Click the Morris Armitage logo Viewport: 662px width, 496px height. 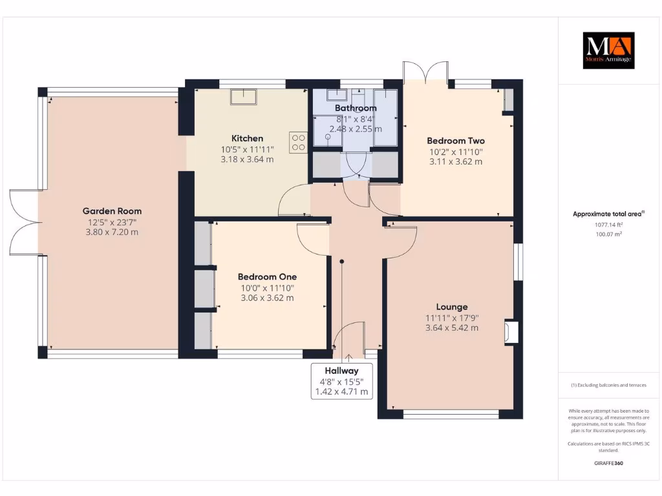(608, 50)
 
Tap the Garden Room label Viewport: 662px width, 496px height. (112, 211)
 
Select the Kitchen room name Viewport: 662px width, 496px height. (248, 138)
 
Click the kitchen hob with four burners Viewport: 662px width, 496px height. (298, 141)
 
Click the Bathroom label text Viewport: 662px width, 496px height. (356, 108)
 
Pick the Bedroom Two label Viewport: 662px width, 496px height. (456, 141)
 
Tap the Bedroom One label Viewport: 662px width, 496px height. (267, 276)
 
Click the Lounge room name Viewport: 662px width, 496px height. (452, 307)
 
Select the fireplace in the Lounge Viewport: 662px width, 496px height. (509, 332)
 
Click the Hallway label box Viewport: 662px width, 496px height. (341, 381)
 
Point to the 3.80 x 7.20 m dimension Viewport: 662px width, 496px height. (112, 232)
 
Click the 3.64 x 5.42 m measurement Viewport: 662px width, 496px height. (452, 328)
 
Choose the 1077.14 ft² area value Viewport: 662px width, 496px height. (608, 225)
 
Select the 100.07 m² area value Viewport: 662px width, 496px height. (608, 234)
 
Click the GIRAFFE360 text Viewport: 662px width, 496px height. (608, 463)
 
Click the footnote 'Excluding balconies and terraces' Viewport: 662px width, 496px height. (608, 385)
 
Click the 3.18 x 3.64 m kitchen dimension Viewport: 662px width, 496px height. (248, 160)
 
